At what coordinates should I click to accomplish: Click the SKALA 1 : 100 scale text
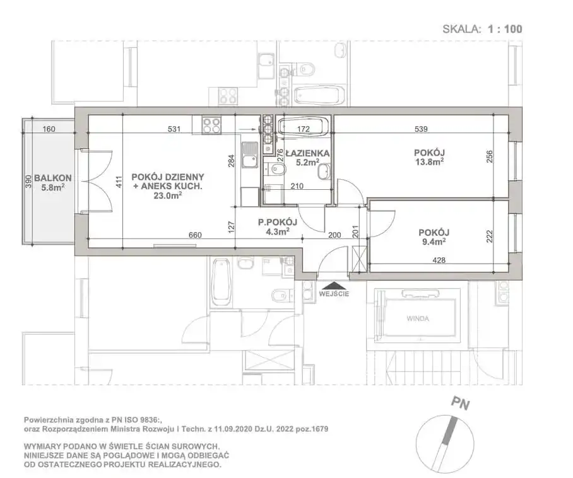[x=482, y=29]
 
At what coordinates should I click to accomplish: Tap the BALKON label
[x=52, y=178]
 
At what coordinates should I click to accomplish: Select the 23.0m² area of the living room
[x=168, y=195]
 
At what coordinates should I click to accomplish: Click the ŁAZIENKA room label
[x=307, y=153]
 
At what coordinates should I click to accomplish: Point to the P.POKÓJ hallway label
[x=278, y=222]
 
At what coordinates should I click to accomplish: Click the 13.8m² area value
[x=429, y=162]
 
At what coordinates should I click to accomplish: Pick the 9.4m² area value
[x=434, y=242]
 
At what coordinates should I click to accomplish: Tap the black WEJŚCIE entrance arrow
[x=334, y=285]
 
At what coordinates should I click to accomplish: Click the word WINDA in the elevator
[x=418, y=318]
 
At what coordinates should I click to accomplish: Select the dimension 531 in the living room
[x=174, y=129]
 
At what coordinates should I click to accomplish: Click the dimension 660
[x=195, y=235]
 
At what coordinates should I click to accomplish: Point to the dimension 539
[x=422, y=129]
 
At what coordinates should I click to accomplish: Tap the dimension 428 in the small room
[x=439, y=260]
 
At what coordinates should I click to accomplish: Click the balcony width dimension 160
[x=49, y=129]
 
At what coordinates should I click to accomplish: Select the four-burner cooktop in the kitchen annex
[x=212, y=125]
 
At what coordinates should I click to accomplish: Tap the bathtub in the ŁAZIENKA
[x=304, y=127]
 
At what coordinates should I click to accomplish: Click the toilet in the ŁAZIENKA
[x=276, y=169]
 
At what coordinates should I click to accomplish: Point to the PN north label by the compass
[x=460, y=404]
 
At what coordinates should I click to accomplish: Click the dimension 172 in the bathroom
[x=304, y=129]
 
